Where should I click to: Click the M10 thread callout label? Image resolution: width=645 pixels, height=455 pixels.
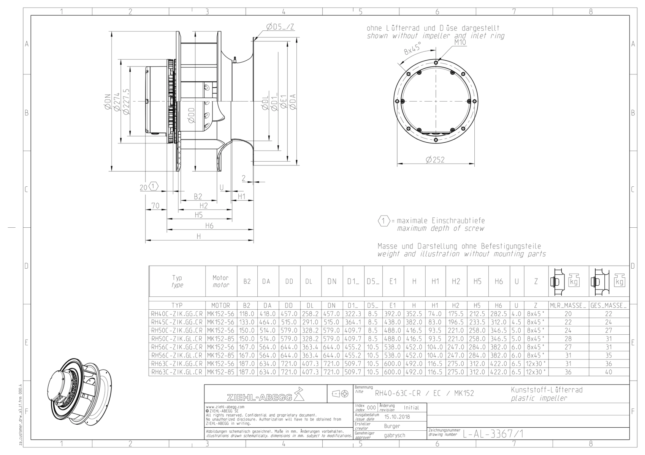(x=460, y=43)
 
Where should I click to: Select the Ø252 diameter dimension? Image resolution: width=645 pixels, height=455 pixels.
(x=435, y=159)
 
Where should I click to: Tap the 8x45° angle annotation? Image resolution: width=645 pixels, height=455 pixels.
(x=412, y=48)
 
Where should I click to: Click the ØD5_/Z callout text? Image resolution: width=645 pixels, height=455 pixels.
(x=280, y=27)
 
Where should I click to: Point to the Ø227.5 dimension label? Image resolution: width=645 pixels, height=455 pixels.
(x=126, y=101)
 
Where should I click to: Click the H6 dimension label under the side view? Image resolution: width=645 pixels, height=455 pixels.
(x=209, y=226)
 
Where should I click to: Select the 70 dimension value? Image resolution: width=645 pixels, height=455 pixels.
(x=155, y=206)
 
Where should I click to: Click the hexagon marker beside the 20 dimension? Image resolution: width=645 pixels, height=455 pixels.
(x=154, y=186)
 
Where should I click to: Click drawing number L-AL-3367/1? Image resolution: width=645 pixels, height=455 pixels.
(x=493, y=434)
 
